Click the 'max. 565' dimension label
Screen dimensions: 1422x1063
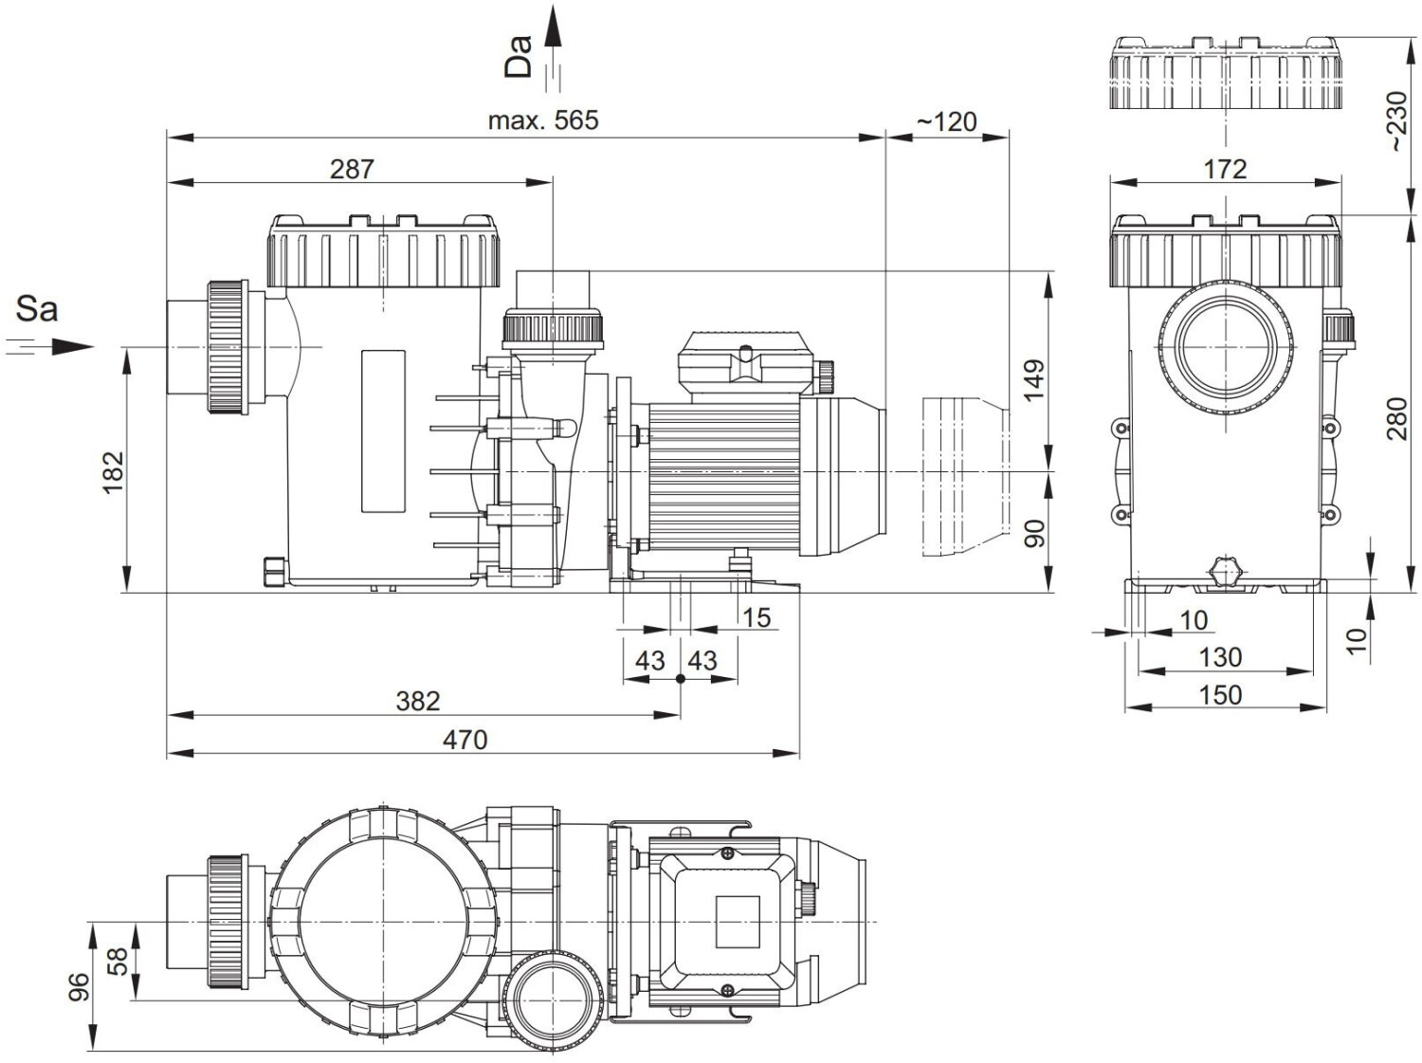(543, 120)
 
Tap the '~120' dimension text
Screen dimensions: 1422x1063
(946, 121)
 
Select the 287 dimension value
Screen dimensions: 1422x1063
(352, 169)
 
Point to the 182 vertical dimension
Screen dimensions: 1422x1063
(113, 472)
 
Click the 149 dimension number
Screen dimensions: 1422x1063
(1034, 380)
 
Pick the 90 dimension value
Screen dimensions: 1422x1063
(1034, 533)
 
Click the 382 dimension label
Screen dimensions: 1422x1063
(418, 701)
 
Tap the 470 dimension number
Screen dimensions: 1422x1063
(465, 739)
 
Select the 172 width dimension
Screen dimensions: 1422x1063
(1225, 169)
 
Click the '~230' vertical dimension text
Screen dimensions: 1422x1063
(1397, 121)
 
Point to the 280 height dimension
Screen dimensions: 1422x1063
(1397, 419)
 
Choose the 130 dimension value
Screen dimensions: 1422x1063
(1220, 657)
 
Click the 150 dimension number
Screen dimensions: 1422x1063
(1220, 695)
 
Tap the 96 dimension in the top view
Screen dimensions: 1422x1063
(79, 986)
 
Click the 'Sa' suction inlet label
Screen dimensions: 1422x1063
(37, 309)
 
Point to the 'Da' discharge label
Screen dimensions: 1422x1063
(518, 56)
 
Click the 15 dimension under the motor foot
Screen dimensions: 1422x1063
(756, 618)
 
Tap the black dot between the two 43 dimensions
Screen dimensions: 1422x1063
(681, 679)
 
